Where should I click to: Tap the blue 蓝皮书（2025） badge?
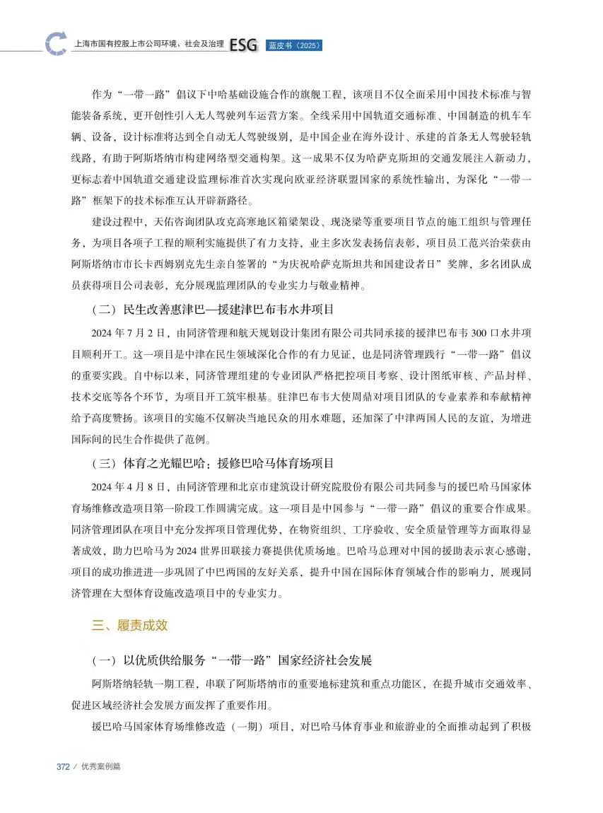tap(294, 46)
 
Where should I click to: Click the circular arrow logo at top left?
tap(56, 44)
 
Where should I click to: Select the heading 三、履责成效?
tap(130, 625)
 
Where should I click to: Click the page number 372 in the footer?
tap(63, 766)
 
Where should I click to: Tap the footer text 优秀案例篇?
tap(100, 766)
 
